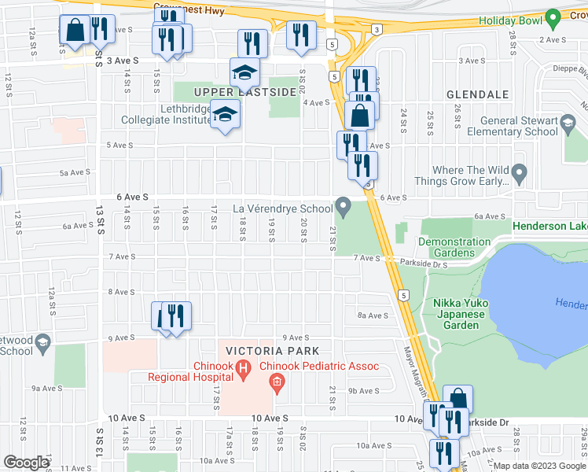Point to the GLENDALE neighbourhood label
pos(478,94)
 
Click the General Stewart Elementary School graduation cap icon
pos(568,122)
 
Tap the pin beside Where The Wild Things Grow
pos(518,171)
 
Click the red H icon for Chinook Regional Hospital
pos(244,367)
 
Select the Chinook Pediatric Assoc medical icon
pos(276,383)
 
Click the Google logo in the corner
pos(26,463)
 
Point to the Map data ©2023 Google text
pos(538,466)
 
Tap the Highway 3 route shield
pos(377,30)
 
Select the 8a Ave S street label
pos(373,315)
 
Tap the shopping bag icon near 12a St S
pos(75,31)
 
